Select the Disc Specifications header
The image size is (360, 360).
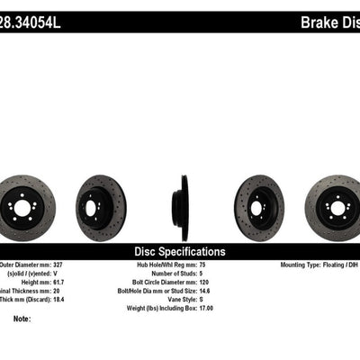point(179,252)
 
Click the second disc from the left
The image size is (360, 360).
point(101,203)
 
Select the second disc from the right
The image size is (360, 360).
point(259,203)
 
